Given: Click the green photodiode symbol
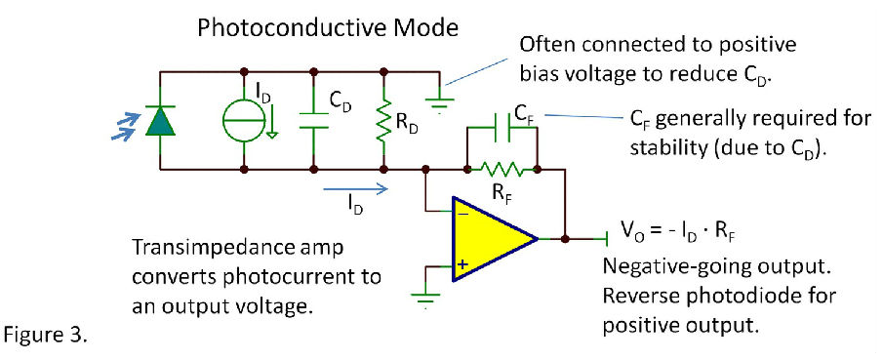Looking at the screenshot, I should tap(158, 120).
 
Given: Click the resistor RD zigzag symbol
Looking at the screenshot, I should tap(383, 120).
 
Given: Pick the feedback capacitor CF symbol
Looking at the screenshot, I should tap(503, 128).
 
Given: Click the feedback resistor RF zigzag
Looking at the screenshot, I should tap(503, 169).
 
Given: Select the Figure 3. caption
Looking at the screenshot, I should tap(46, 337).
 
